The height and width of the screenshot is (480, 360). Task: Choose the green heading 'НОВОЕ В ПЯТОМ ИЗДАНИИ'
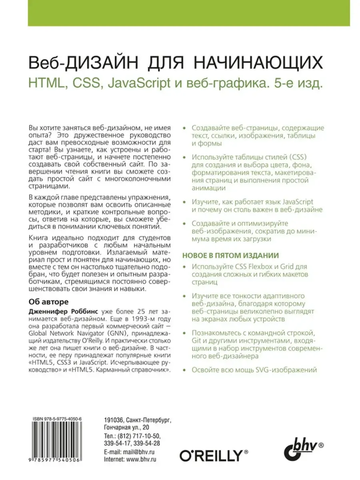pos(230,256)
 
